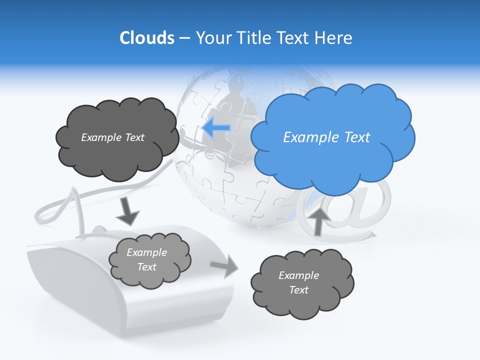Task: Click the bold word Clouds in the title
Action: pyautogui.click(x=146, y=37)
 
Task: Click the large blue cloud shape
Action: pyautogui.click(x=332, y=137)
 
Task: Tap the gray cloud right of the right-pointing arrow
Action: pyautogui.click(x=301, y=283)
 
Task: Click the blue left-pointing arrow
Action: pyautogui.click(x=216, y=128)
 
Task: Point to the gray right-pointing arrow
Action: pyautogui.click(x=223, y=265)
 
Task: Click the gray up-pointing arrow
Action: pyautogui.click(x=318, y=220)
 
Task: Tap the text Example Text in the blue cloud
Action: pyautogui.click(x=326, y=137)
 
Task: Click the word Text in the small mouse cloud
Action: pyautogui.click(x=147, y=267)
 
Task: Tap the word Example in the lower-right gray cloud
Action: pyautogui.click(x=298, y=275)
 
